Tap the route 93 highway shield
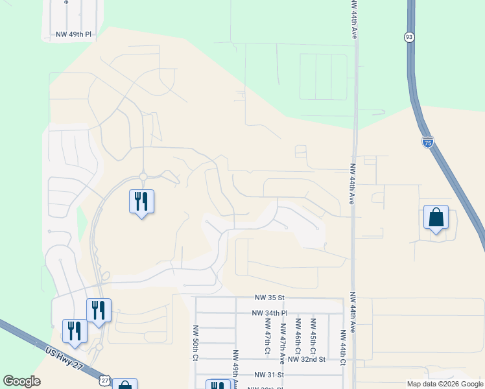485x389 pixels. coord(408,37)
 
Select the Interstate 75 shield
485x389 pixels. coord(427,142)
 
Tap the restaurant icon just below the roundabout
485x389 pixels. coord(142,202)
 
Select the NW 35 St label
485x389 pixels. coord(270,298)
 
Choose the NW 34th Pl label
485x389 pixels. coord(269,312)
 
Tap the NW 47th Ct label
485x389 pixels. coord(267,336)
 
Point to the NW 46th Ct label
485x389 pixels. coord(298,335)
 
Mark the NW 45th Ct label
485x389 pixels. coord(313,335)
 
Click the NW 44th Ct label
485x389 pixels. coord(344,346)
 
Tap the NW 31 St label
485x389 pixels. coord(270,375)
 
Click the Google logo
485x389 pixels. coord(21,381)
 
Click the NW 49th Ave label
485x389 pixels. coord(235,370)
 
